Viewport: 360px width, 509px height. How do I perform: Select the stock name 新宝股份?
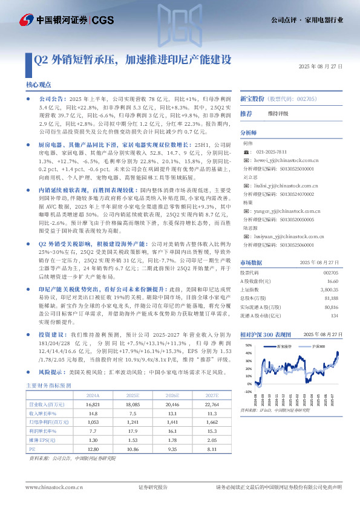pyautogui.click(x=252, y=98)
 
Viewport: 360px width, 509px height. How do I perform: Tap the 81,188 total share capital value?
pyautogui.click(x=330, y=298)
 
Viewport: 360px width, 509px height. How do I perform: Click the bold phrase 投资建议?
pyautogui.click(x=51, y=334)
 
